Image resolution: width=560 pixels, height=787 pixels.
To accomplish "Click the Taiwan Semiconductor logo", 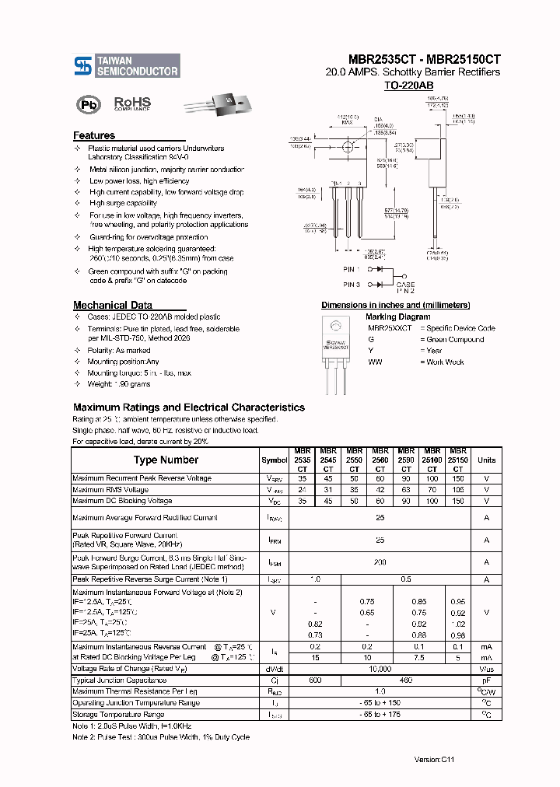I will (x=127, y=65).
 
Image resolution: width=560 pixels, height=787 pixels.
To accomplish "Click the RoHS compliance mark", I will (x=132, y=103).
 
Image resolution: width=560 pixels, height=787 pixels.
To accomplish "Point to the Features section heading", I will (x=94, y=135).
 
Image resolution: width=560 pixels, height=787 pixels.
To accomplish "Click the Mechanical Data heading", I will (x=112, y=305).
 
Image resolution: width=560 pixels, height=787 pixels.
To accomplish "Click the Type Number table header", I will (x=166, y=460).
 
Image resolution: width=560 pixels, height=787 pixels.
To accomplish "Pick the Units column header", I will (x=486, y=460).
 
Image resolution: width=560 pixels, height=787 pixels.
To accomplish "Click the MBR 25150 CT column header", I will (x=458, y=460).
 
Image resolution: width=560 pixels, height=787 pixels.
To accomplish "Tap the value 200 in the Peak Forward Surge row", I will (x=380, y=561).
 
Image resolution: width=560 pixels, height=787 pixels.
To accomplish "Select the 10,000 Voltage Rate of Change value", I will (x=380, y=669).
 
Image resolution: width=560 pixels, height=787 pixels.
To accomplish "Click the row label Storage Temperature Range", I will (x=117, y=714).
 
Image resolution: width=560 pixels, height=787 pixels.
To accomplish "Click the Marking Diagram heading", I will (x=397, y=317).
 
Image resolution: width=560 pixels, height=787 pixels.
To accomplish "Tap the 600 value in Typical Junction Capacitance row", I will (x=314, y=680).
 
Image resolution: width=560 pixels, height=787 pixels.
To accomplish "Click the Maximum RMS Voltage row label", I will (x=110, y=490).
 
